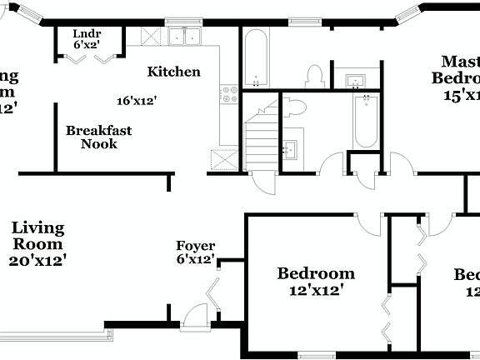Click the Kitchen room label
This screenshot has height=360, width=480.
(174, 72)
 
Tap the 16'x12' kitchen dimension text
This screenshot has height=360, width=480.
(137, 101)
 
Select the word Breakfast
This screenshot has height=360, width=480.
(99, 131)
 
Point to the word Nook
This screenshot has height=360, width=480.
(99, 144)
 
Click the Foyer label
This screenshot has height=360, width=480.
(195, 247)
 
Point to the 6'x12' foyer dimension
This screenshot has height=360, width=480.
(195, 259)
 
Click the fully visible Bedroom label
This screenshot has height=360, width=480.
(316, 273)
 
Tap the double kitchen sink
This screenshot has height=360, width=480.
(186, 37)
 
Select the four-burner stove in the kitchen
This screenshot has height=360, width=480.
(228, 93)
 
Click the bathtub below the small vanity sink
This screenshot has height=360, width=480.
(365, 122)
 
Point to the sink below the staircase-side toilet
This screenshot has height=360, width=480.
(292, 150)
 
